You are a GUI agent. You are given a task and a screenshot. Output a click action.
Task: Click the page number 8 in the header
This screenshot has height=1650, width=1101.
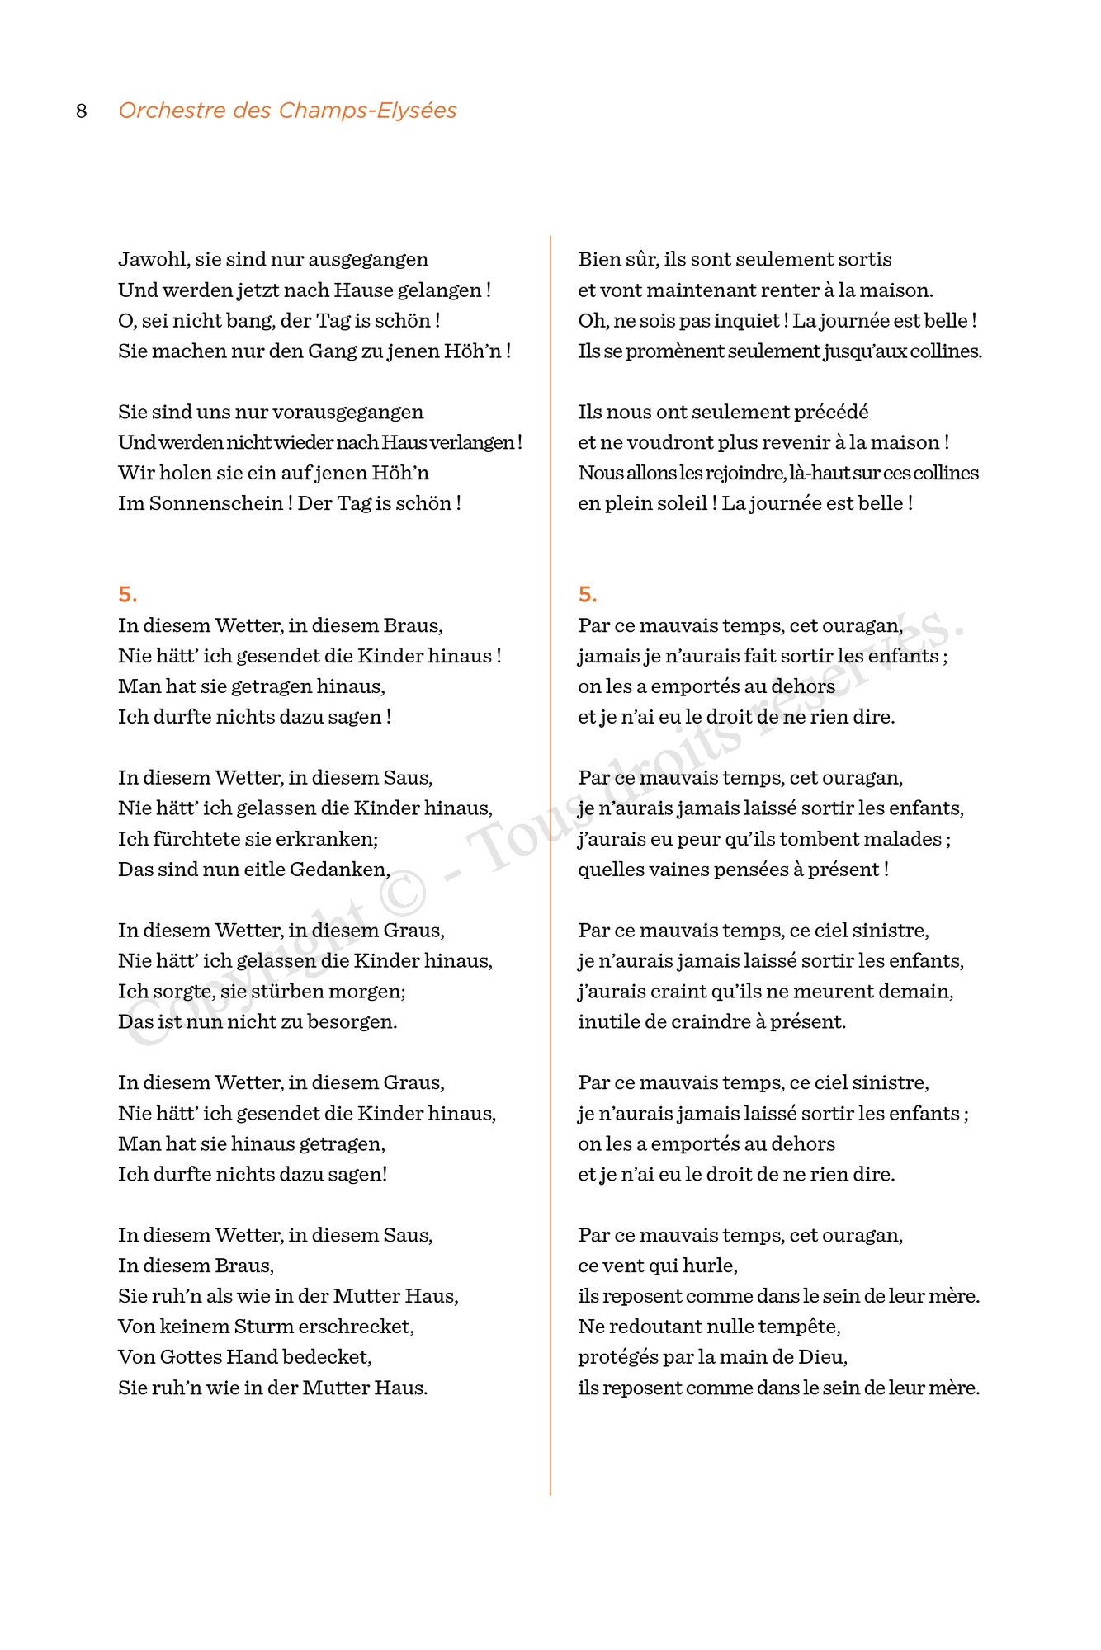click(81, 111)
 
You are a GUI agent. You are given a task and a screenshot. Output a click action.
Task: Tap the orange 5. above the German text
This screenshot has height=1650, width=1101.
click(127, 595)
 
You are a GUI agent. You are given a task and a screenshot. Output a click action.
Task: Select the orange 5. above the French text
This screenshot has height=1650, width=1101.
click(587, 595)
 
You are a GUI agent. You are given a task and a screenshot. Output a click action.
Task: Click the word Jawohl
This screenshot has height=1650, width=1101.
click(154, 260)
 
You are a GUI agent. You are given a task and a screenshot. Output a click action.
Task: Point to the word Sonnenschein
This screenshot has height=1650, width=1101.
click(201, 503)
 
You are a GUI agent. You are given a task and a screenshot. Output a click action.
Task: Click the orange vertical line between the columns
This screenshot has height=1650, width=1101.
click(550, 825)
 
